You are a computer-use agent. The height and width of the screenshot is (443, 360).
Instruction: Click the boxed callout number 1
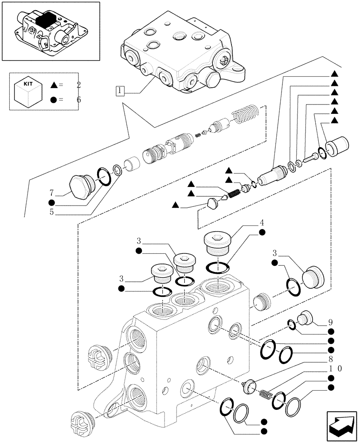(120, 91)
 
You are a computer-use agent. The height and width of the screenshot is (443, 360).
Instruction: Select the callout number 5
(52, 212)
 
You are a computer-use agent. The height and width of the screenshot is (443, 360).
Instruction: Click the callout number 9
(331, 321)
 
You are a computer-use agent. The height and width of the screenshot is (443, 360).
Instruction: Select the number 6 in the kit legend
(78, 99)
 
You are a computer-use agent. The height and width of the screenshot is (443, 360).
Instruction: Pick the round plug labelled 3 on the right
(313, 276)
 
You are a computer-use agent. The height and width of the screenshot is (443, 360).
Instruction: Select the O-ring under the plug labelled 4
(217, 267)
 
